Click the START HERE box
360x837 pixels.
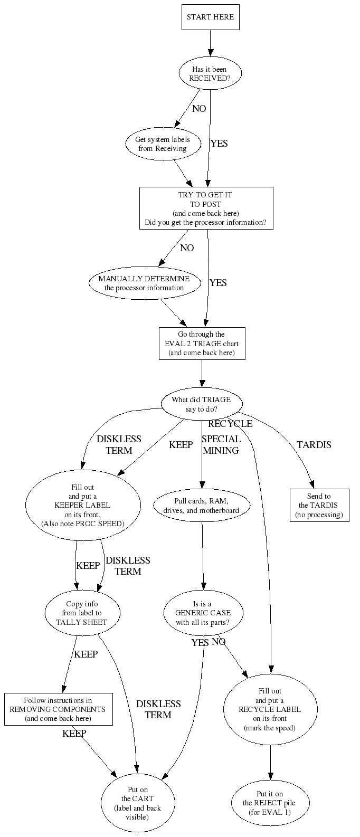click(x=210, y=17)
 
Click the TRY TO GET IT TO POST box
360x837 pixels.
click(x=206, y=208)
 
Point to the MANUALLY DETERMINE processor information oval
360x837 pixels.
click(x=144, y=283)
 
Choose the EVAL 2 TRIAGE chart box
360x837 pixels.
click(x=202, y=344)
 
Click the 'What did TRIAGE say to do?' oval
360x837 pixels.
click(x=201, y=404)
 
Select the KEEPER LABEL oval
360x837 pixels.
click(x=82, y=505)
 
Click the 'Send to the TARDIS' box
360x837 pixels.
click(x=319, y=506)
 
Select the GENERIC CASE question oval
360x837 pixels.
click(x=203, y=613)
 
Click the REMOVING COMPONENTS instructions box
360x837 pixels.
click(x=58, y=709)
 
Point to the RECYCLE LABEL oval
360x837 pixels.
click(x=270, y=709)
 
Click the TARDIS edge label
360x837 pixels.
click(x=314, y=444)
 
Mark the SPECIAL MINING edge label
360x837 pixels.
click(x=221, y=444)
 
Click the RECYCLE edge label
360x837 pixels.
click(x=230, y=424)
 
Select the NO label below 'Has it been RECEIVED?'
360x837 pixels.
click(x=199, y=109)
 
